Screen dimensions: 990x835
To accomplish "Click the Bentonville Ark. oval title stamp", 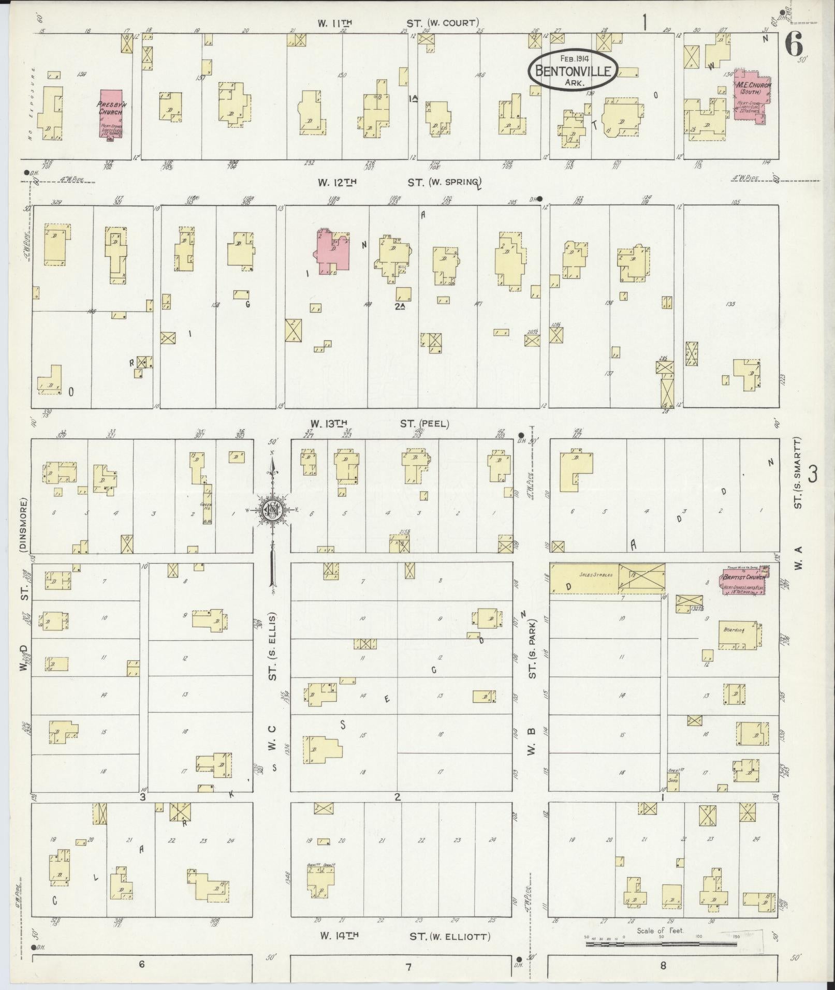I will click(x=573, y=72).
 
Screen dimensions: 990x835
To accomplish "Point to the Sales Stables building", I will click(x=584, y=578).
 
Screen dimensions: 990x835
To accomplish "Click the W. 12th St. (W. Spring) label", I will click(x=400, y=182).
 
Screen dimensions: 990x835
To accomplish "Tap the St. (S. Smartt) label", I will click(x=798, y=472).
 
